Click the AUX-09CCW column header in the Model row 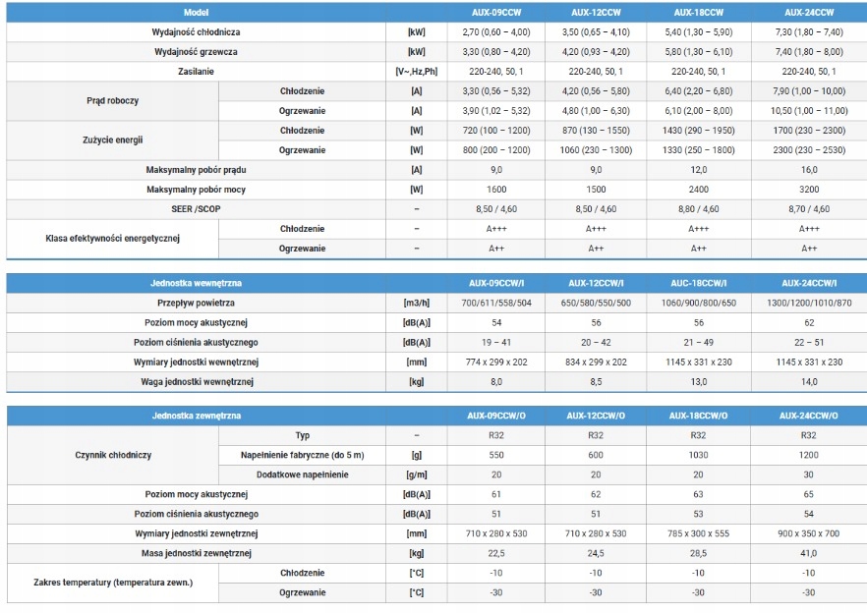(496, 12)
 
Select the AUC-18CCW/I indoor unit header (698, 283)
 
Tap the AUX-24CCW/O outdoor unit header (808, 416)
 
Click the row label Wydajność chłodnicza (196, 32)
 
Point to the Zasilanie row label (196, 72)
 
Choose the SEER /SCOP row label (196, 209)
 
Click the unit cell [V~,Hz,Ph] (417, 72)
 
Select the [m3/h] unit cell (417, 303)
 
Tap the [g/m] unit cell (417, 474)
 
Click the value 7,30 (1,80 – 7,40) (809, 32)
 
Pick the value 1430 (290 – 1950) (698, 131)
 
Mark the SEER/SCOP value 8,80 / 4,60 (698, 209)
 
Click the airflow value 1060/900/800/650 (698, 303)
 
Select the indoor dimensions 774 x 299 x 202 (496, 362)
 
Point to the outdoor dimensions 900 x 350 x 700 (808, 533)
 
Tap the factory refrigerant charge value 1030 (698, 455)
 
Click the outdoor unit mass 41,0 (808, 553)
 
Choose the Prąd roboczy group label (112, 100)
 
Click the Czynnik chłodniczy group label (113, 455)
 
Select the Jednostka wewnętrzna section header (196, 283)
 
